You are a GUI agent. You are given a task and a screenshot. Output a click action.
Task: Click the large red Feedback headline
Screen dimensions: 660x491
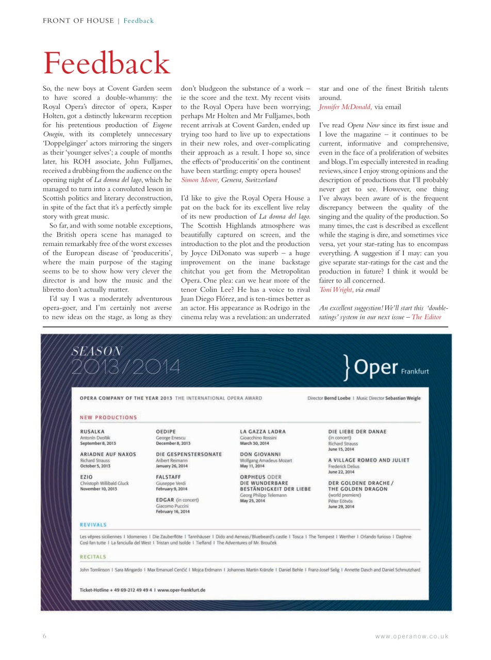click(106, 63)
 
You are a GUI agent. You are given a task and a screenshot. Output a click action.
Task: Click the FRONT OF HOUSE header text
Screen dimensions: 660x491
click(78, 21)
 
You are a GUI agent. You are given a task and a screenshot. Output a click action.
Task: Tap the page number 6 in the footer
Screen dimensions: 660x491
click(44, 636)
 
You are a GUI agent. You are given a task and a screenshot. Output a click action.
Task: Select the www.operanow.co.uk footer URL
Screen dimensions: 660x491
click(412, 636)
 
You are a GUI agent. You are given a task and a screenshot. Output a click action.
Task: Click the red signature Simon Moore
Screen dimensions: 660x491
click(200, 180)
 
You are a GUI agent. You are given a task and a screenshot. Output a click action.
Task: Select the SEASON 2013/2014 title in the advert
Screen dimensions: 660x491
click(126, 360)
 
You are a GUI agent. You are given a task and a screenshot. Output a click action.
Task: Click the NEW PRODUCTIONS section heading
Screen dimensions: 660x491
click(108, 417)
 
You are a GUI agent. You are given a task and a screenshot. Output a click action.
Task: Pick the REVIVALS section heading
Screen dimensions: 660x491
click(93, 524)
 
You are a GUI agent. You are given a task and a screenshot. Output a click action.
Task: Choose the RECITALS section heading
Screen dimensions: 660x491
click(93, 556)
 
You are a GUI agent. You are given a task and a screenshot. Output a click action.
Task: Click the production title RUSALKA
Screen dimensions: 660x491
click(92, 431)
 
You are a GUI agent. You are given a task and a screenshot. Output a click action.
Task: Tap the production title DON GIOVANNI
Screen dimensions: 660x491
click(260, 454)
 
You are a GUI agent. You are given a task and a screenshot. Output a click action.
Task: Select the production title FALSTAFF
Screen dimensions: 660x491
click(168, 477)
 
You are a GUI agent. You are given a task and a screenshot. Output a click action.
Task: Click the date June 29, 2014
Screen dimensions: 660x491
click(341, 506)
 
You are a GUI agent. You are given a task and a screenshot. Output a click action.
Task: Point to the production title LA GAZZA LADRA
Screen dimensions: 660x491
click(263, 431)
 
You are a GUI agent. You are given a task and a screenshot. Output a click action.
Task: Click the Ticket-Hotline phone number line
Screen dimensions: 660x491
click(142, 590)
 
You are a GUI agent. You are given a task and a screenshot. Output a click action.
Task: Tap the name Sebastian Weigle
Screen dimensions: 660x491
click(402, 398)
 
